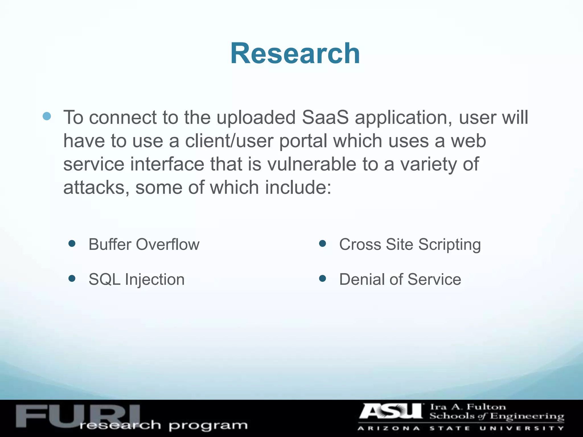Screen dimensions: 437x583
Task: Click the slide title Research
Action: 295,53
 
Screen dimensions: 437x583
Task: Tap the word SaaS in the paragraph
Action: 325,118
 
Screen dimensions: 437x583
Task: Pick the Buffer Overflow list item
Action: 144,244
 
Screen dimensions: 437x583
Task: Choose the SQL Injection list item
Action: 137,279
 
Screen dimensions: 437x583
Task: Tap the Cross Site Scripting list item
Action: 410,244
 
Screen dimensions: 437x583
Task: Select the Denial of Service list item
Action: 400,279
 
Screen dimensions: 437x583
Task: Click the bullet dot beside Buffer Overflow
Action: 72,244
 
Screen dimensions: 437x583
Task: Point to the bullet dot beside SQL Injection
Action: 72,278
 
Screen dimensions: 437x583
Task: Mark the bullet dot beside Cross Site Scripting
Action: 323,244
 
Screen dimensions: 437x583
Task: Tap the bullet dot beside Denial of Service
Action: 323,278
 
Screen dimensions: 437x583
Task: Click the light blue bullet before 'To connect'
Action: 47,116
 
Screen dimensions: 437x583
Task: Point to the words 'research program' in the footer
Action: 164,425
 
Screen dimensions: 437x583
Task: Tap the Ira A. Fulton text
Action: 468,407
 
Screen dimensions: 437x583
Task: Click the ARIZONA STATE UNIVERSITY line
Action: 460,428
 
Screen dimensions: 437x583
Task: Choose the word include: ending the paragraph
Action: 298,187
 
